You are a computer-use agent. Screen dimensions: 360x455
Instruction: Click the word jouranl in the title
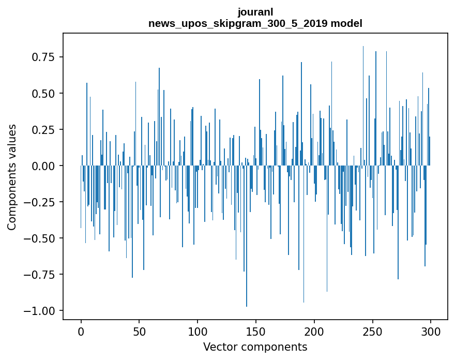pos(255,12)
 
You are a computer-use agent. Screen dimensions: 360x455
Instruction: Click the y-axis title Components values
pos(12,176)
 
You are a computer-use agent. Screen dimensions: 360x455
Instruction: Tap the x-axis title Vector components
pos(255,347)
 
